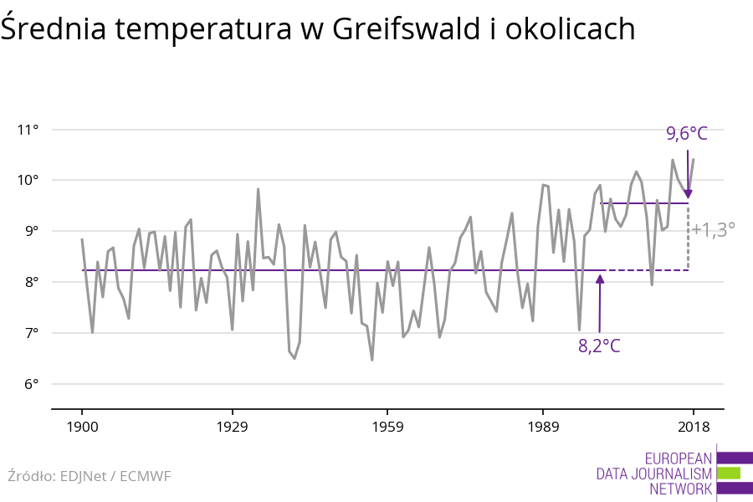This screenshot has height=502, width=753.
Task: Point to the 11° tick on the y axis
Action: pyautogui.click(x=28, y=130)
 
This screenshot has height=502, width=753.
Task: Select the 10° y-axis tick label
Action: pyautogui.click(x=28, y=181)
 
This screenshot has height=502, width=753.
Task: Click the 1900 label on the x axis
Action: pyautogui.click(x=82, y=427)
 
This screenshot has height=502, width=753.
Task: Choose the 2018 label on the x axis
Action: pyautogui.click(x=693, y=427)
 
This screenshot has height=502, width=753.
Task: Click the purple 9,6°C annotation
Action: pyautogui.click(x=687, y=133)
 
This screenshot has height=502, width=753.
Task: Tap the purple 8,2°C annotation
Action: pyautogui.click(x=599, y=346)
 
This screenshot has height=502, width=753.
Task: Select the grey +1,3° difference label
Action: pyautogui.click(x=714, y=229)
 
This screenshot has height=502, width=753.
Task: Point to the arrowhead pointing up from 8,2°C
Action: pyautogui.click(x=600, y=278)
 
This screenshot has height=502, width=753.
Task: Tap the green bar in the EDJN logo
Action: pyautogui.click(x=728, y=473)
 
